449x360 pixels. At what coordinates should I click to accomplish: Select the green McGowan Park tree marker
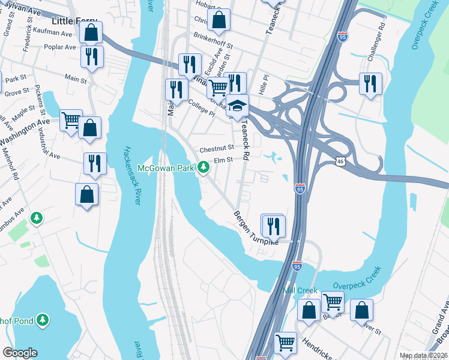tap(204, 168)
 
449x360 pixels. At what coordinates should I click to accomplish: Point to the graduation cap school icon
tap(237, 106)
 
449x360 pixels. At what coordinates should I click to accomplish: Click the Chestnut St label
tap(216, 149)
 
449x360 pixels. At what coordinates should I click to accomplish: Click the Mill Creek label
tap(300, 290)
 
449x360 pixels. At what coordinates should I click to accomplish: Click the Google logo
tap(20, 353)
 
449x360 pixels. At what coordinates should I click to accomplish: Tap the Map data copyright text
tap(423, 355)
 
